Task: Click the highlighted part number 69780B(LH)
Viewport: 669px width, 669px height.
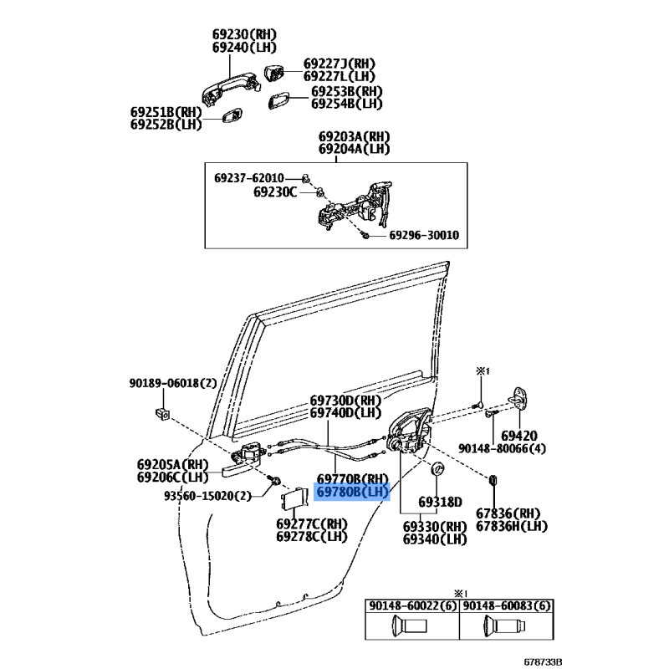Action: [352, 492]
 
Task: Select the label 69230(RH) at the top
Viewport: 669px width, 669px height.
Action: [244, 34]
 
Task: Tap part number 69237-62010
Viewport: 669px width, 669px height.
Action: [248, 177]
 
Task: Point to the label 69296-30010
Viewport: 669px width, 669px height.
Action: [424, 235]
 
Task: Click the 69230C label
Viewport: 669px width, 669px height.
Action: [275, 192]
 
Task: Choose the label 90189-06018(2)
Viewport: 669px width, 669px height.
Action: [173, 383]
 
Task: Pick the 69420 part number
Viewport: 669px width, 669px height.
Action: [518, 436]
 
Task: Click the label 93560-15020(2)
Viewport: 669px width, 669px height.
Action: [207, 496]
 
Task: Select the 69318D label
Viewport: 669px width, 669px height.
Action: [440, 502]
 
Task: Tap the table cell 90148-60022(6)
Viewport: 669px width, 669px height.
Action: [412, 605]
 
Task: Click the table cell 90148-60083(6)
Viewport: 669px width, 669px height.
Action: [507, 605]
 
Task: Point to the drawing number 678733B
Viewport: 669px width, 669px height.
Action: [543, 661]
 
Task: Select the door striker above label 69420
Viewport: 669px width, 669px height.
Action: [518, 400]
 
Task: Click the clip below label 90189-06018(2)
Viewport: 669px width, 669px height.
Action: [162, 413]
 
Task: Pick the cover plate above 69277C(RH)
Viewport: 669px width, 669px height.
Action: [294, 498]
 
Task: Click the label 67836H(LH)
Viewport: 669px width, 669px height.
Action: [511, 526]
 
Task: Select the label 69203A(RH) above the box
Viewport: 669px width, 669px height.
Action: [354, 136]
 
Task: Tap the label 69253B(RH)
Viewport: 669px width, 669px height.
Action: [346, 91]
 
